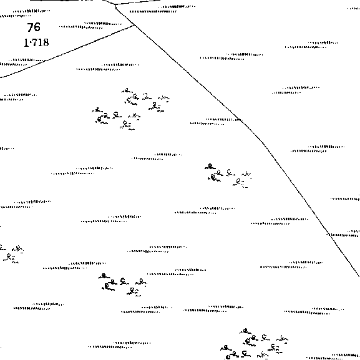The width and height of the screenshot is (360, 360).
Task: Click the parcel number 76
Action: click(x=34, y=27)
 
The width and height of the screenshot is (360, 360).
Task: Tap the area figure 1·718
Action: click(x=36, y=42)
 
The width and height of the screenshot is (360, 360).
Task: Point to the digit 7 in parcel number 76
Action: click(x=31, y=27)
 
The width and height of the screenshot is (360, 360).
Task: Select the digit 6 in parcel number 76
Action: click(x=37, y=27)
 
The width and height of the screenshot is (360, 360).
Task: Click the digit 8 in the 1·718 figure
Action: click(x=46, y=42)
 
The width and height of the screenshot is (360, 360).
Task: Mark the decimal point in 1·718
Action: click(x=29, y=42)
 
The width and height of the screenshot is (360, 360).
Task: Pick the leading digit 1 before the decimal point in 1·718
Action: click(x=26, y=42)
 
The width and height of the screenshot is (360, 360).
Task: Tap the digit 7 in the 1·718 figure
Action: click(x=34, y=42)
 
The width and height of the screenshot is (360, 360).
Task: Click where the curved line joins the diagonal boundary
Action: click(x=135, y=26)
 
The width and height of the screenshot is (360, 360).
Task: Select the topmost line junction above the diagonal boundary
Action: click(x=115, y=4)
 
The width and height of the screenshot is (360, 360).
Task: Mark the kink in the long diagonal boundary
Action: click(x=263, y=142)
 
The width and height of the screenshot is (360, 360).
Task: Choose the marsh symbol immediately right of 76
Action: click(x=90, y=25)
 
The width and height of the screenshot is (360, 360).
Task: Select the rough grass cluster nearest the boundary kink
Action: click(x=228, y=176)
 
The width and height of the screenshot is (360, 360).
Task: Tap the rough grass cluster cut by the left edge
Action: click(x=11, y=255)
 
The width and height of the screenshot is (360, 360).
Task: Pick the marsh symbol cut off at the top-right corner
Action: click(x=354, y=9)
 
